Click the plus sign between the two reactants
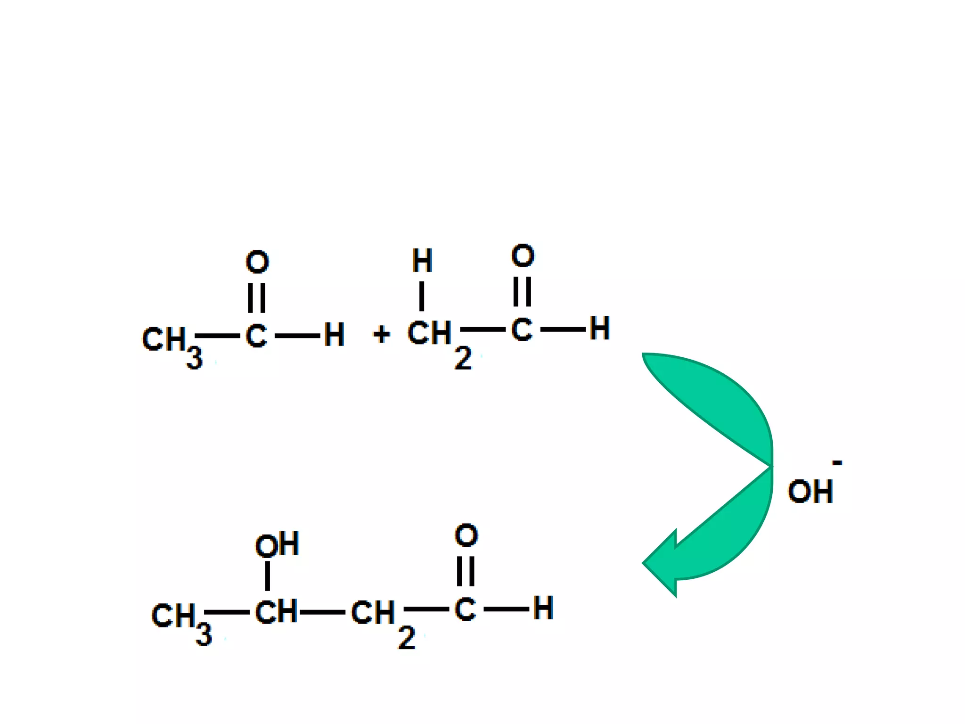click(381, 335)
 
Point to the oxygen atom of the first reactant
click(257, 262)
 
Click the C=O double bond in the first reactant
click(257, 298)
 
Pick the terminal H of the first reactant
click(334, 335)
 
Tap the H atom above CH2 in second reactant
click(422, 261)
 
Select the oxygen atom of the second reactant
click(523, 256)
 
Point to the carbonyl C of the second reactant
click(522, 329)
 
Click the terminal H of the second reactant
click(600, 329)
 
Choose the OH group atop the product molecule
click(277, 545)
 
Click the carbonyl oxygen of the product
click(466, 535)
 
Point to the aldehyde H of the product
click(543, 609)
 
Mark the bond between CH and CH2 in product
click(323, 612)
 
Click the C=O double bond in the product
click(466, 571)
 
